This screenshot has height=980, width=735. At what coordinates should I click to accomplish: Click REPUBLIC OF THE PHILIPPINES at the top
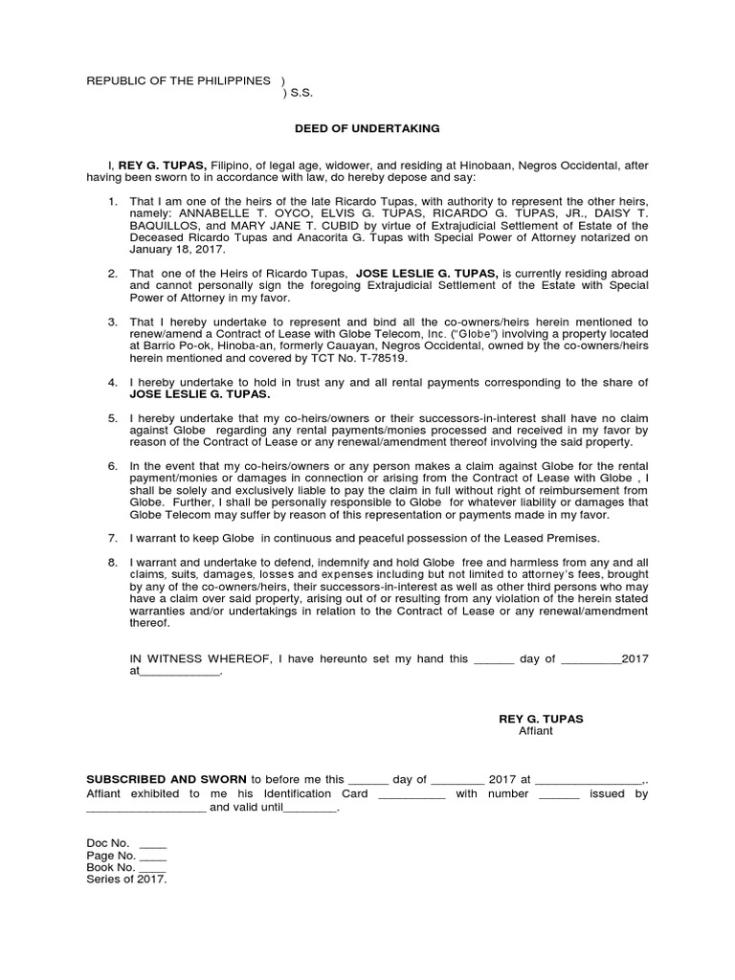coord(178,81)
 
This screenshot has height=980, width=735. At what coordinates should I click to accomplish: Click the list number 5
coord(112,419)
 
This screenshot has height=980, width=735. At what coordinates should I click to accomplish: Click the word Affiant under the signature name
coord(535,730)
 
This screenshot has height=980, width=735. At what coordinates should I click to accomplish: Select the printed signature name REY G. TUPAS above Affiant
coord(541,718)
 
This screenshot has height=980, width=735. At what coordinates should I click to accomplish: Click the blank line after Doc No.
coord(153,843)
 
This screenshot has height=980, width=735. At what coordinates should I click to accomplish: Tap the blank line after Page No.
coord(153,856)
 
